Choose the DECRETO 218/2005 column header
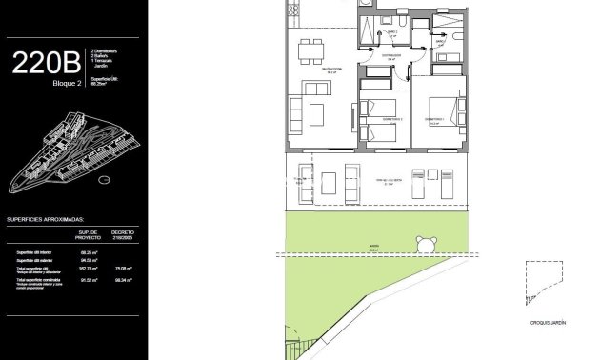coord(122,235)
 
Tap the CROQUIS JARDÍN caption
coord(549,324)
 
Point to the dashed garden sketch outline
coord(543,286)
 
